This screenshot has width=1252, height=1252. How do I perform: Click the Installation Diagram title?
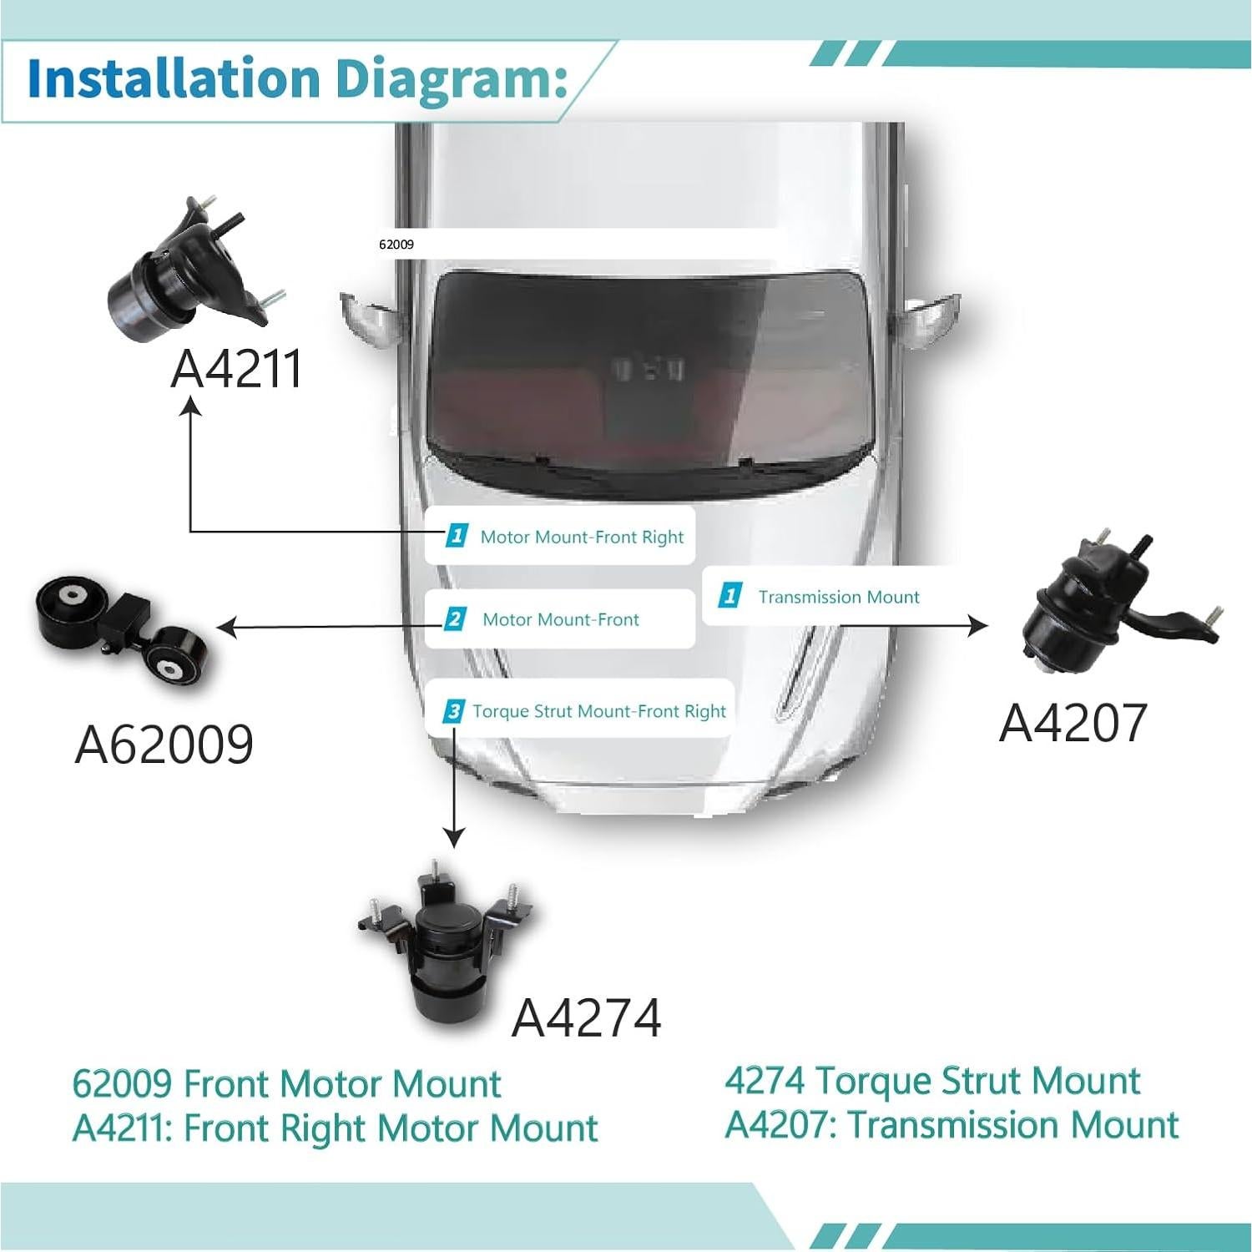[x=296, y=78]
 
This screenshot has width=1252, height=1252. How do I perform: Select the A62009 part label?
[x=164, y=744]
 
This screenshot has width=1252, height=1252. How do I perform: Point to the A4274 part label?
[x=586, y=1017]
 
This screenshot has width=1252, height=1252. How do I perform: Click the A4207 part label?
[x=1073, y=722]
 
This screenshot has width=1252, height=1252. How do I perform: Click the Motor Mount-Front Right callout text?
[x=582, y=538]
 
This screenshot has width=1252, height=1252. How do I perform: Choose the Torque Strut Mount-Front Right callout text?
[x=598, y=711]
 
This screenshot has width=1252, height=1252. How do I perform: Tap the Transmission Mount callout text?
[x=838, y=597]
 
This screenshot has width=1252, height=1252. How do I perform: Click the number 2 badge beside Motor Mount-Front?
[x=454, y=619]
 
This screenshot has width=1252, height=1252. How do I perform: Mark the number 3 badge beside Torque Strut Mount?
[x=453, y=711]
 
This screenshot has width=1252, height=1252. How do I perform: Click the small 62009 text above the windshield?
[x=396, y=245]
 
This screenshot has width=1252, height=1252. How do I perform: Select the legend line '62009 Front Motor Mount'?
[x=286, y=1083]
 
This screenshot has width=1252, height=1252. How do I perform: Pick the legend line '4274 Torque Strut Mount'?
[x=931, y=1080]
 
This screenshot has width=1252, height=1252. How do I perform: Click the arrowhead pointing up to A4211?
[x=192, y=406]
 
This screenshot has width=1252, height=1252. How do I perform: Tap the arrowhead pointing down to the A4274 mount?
[x=453, y=837]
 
